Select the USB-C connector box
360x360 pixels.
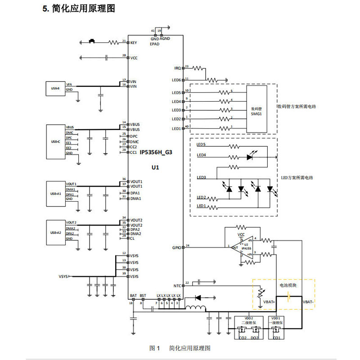click(56, 142)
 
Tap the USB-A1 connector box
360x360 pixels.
click(56, 193)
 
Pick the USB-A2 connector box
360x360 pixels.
click(56, 232)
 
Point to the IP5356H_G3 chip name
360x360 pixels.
click(156, 153)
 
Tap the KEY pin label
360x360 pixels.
click(133, 42)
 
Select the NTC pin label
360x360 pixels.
click(177, 286)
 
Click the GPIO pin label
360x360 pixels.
click(176, 247)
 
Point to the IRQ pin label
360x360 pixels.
click(177, 68)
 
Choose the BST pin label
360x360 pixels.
click(143, 296)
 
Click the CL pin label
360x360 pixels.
click(132, 238)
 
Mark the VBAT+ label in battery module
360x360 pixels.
click(269, 301)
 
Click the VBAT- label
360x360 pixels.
click(309, 301)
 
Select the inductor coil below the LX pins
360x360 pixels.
click(195, 309)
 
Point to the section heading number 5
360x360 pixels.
click(45, 9)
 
